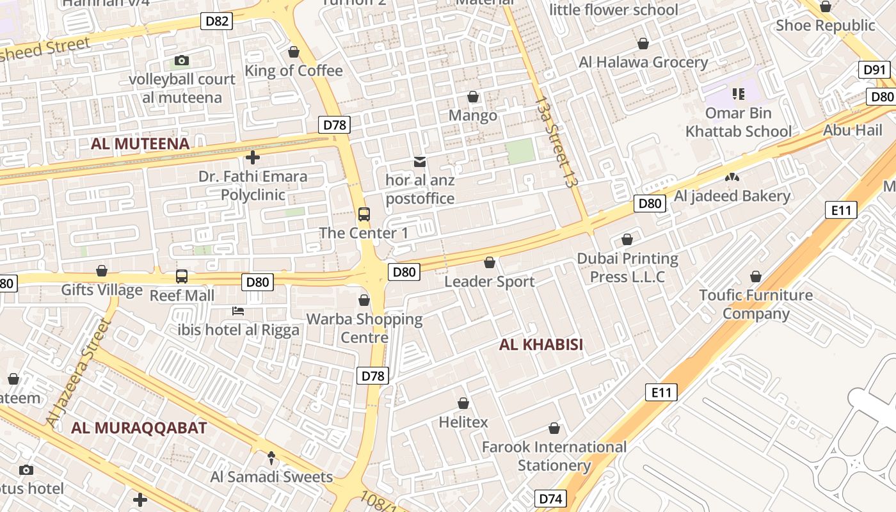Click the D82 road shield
point(217,21)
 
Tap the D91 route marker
point(874,70)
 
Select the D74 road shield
point(550,499)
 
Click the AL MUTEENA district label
point(140,144)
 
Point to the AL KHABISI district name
point(541,345)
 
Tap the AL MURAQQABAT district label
point(139,428)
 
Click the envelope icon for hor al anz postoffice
point(420,162)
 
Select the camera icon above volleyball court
point(182,61)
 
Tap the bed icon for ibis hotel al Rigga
point(238,312)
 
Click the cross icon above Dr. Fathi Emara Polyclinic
point(253,157)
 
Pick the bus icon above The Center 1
point(364,214)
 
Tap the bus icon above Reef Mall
point(182,276)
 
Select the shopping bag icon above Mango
point(473,97)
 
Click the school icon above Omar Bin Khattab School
point(739,95)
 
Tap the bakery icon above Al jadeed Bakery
point(732,177)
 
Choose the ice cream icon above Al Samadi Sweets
point(271,458)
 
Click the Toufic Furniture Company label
point(756,304)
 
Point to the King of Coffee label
point(294,70)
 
